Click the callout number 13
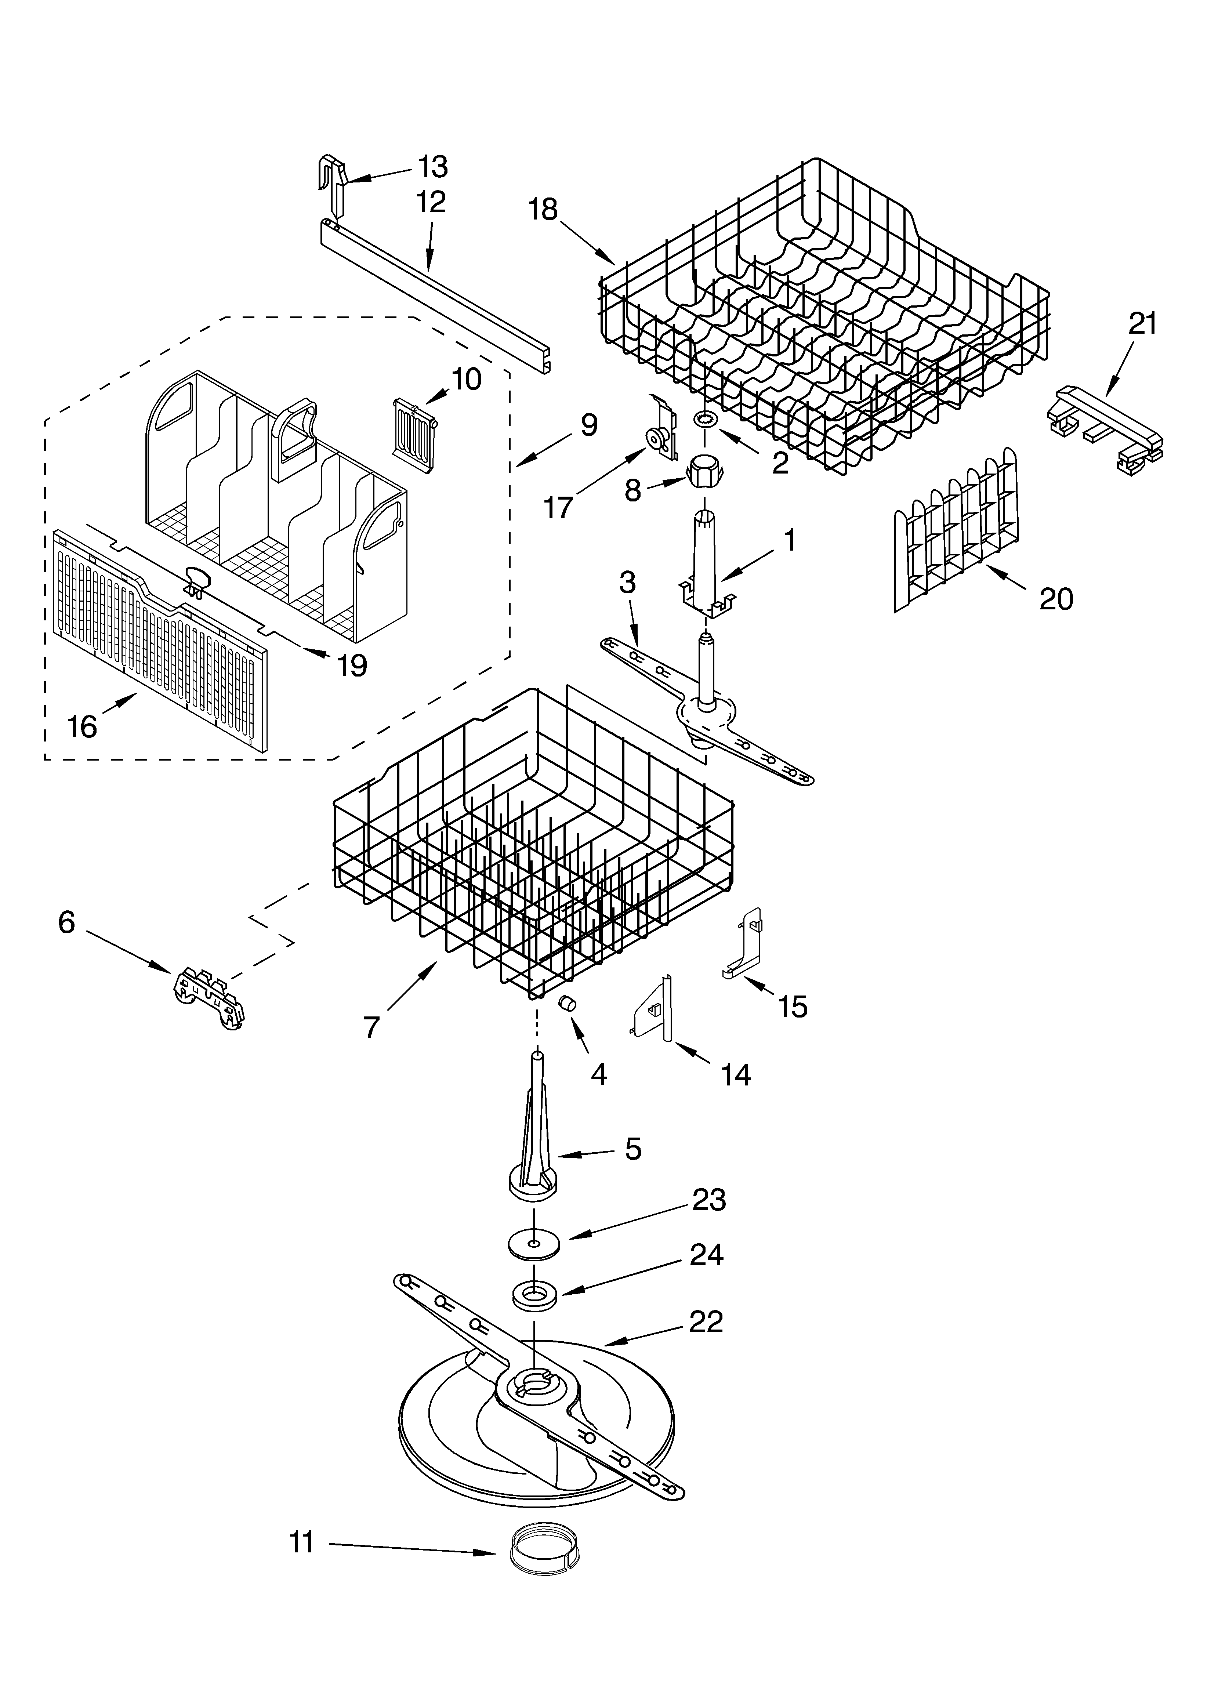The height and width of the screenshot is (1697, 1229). [x=433, y=167]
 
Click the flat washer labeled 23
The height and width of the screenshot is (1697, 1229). [x=533, y=1244]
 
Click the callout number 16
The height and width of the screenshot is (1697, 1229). [x=82, y=726]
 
